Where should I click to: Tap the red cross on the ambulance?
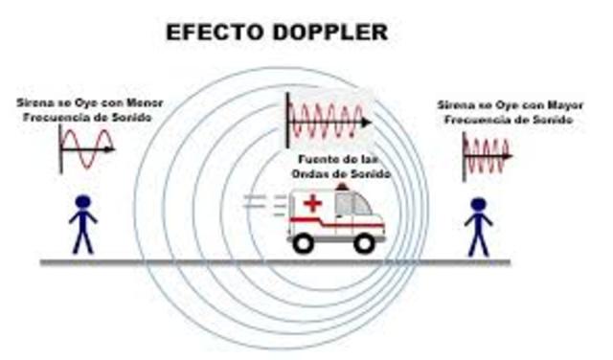[312, 204]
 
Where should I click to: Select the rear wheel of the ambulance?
[304, 243]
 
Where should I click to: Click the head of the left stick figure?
[83, 202]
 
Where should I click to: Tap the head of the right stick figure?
[478, 204]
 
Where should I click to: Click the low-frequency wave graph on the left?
[86, 149]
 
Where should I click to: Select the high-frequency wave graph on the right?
[487, 154]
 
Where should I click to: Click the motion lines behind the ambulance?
[261, 202]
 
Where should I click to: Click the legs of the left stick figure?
[83, 240]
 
